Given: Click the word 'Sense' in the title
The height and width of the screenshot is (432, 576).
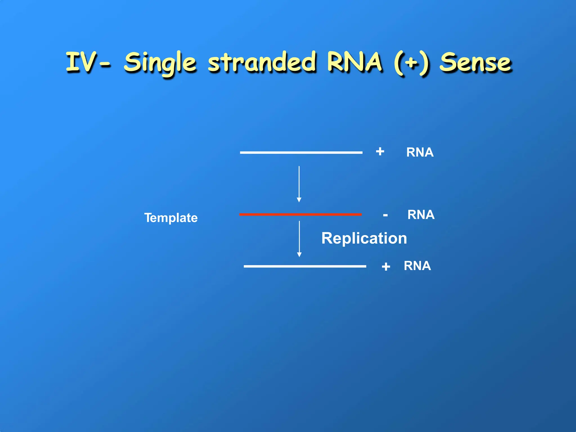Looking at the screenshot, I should [475, 62].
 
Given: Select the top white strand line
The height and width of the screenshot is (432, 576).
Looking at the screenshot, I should [301, 152].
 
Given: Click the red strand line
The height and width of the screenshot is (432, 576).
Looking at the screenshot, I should [300, 215].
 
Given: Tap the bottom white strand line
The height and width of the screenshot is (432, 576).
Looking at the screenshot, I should [305, 266].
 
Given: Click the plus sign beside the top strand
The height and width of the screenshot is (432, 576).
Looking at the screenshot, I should [380, 151].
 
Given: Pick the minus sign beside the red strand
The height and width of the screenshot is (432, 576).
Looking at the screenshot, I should [385, 215].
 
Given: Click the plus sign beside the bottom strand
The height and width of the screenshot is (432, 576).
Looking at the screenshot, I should [386, 266].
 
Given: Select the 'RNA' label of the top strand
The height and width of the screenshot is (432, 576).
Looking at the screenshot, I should [420, 152].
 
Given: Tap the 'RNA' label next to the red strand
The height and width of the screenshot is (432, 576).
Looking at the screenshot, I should [421, 215].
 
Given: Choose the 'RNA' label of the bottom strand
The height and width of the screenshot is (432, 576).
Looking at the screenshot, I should [417, 266].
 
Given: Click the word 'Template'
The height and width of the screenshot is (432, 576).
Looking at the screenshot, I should [171, 218].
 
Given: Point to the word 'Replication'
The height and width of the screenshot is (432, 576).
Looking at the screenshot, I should [364, 238].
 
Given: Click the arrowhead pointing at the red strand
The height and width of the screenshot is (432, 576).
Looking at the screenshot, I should [299, 200].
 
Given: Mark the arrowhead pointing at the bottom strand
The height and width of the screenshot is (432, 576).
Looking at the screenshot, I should [299, 255].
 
